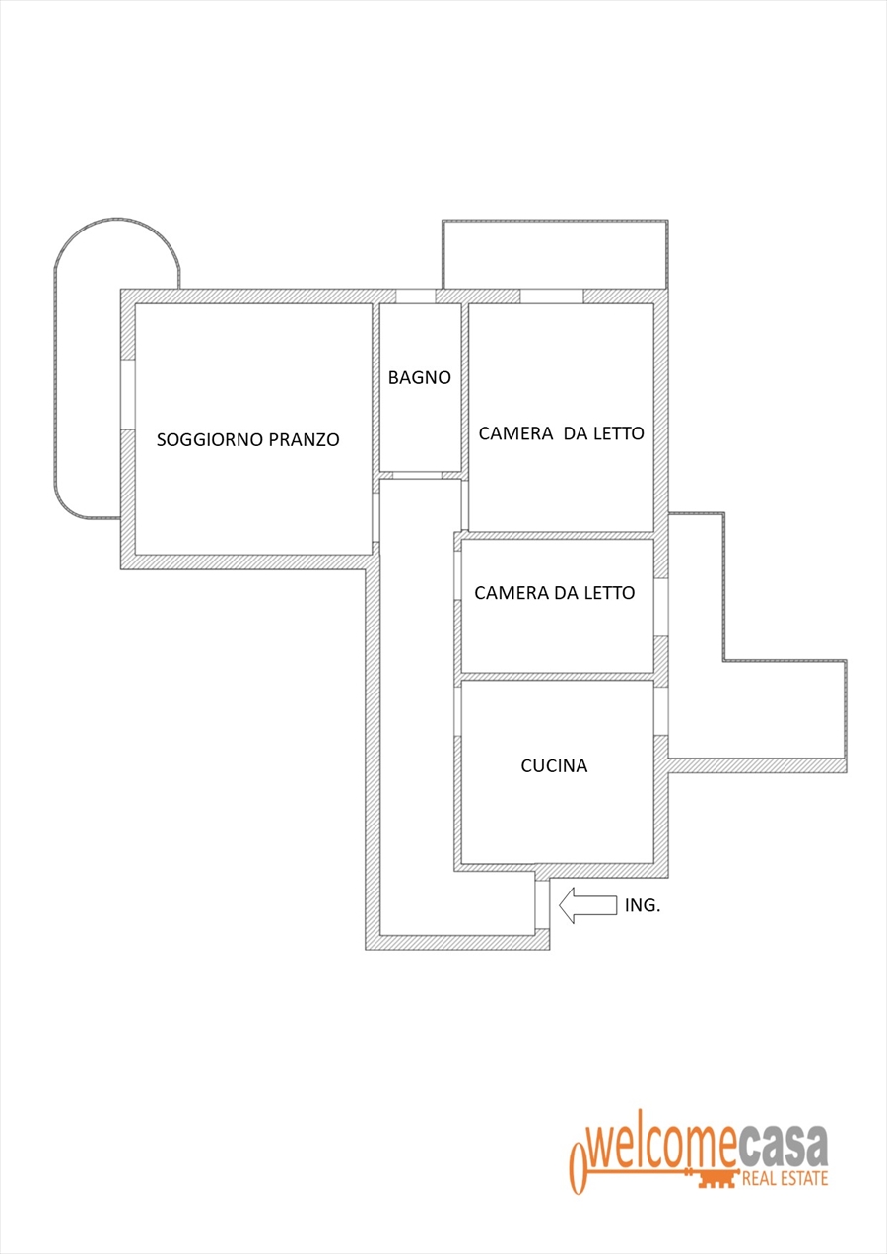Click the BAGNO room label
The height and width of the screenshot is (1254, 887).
pyautogui.click(x=419, y=377)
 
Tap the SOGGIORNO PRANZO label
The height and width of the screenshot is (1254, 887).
pyautogui.click(x=247, y=440)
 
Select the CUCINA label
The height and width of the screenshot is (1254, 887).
pyautogui.click(x=554, y=765)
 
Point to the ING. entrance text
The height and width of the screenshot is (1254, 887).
pyautogui.click(x=643, y=905)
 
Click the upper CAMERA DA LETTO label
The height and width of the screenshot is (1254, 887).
pyautogui.click(x=561, y=433)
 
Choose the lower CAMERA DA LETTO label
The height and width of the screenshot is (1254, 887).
pyautogui.click(x=554, y=593)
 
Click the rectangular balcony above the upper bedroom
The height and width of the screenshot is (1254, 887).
pyautogui.click(x=554, y=254)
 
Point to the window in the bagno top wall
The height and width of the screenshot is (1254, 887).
pyautogui.click(x=415, y=296)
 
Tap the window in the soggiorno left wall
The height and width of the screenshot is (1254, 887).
pyautogui.click(x=127, y=394)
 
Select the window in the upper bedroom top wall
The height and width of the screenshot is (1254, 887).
pyautogui.click(x=551, y=296)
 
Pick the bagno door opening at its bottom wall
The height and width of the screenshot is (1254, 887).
pyautogui.click(x=415, y=475)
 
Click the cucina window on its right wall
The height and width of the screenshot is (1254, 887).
pyautogui.click(x=661, y=709)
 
